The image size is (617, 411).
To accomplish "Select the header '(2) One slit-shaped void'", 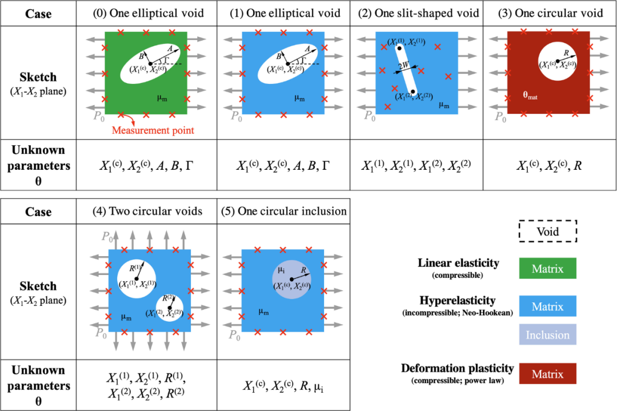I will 416,13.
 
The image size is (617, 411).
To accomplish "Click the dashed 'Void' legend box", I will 548,233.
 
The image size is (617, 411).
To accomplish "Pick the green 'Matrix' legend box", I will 548,268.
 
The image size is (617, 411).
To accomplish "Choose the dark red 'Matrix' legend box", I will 548,374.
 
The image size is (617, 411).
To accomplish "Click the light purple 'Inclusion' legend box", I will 548,335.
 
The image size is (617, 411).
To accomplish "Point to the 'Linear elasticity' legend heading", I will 458,264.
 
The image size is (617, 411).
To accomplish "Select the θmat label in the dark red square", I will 530,96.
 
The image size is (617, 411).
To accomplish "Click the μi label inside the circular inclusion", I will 281,269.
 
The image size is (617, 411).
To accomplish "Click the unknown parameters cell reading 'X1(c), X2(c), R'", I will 549,166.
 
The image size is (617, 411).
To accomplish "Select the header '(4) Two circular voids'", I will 147,212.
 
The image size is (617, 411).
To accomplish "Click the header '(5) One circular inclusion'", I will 284,212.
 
